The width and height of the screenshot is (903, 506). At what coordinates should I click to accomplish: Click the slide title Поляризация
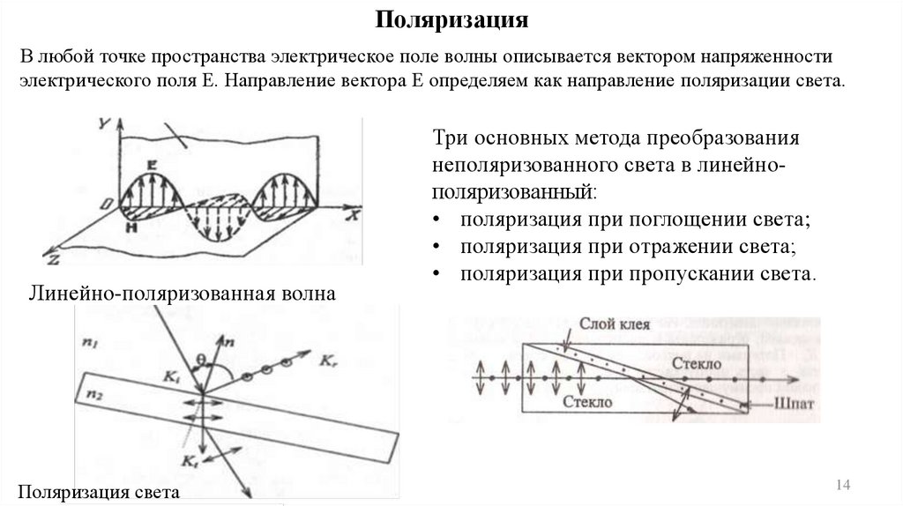click(x=451, y=19)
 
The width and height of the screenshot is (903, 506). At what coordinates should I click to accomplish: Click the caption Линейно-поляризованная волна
click(x=183, y=293)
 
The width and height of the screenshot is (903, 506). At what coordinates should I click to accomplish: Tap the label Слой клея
click(x=615, y=324)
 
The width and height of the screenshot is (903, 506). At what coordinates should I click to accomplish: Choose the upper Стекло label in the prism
click(x=696, y=363)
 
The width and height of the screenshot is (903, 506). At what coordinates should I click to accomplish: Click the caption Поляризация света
click(x=99, y=492)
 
